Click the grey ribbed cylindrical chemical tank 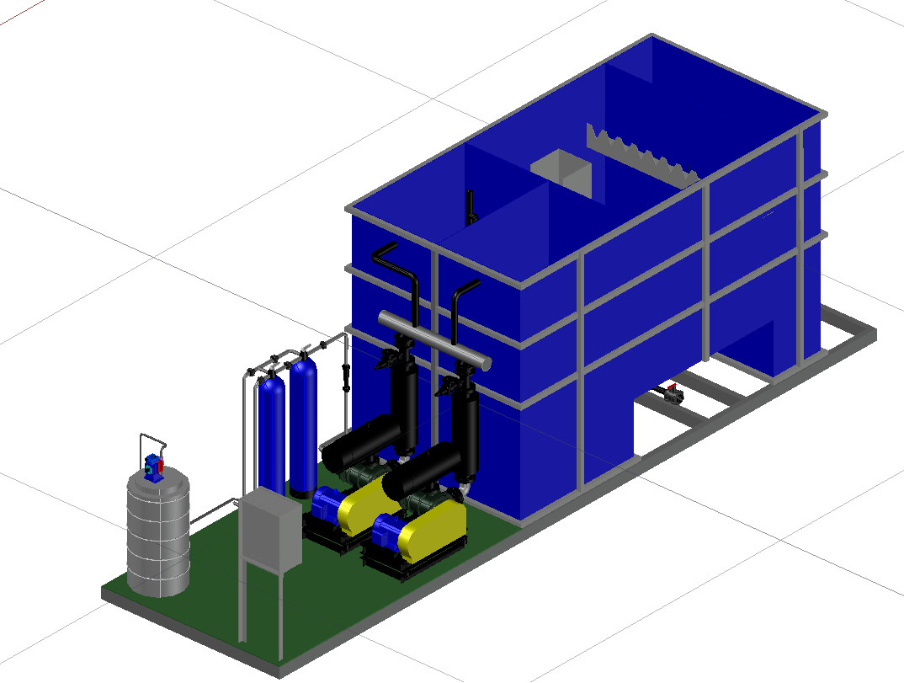158,535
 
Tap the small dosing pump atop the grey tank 155,466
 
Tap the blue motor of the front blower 388,534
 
